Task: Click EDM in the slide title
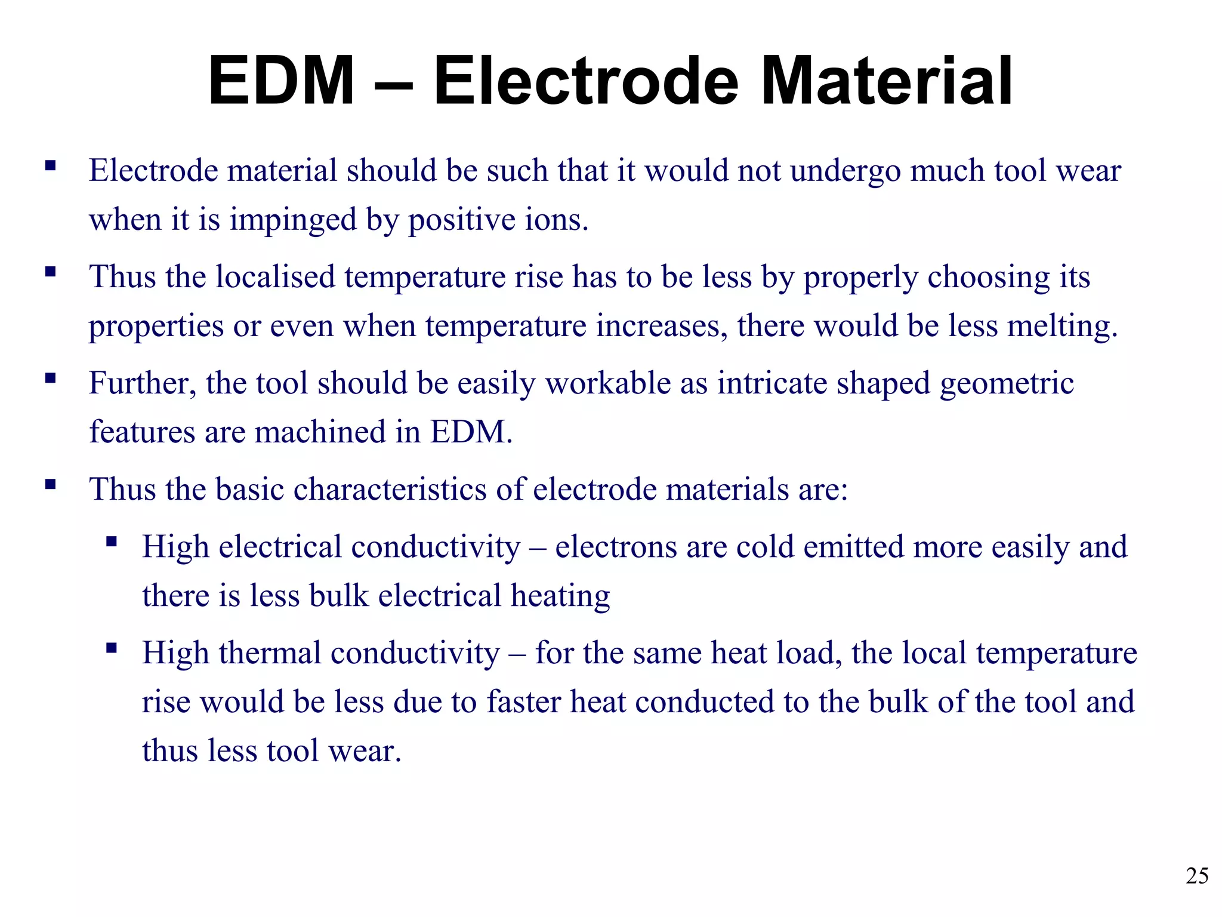[x=282, y=81]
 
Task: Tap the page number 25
[x=1197, y=876]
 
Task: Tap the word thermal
[x=270, y=653]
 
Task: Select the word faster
[x=523, y=701]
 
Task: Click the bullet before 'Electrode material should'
[x=50, y=165]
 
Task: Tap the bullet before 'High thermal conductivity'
[x=111, y=648]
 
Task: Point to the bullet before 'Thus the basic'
[x=50, y=484]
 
